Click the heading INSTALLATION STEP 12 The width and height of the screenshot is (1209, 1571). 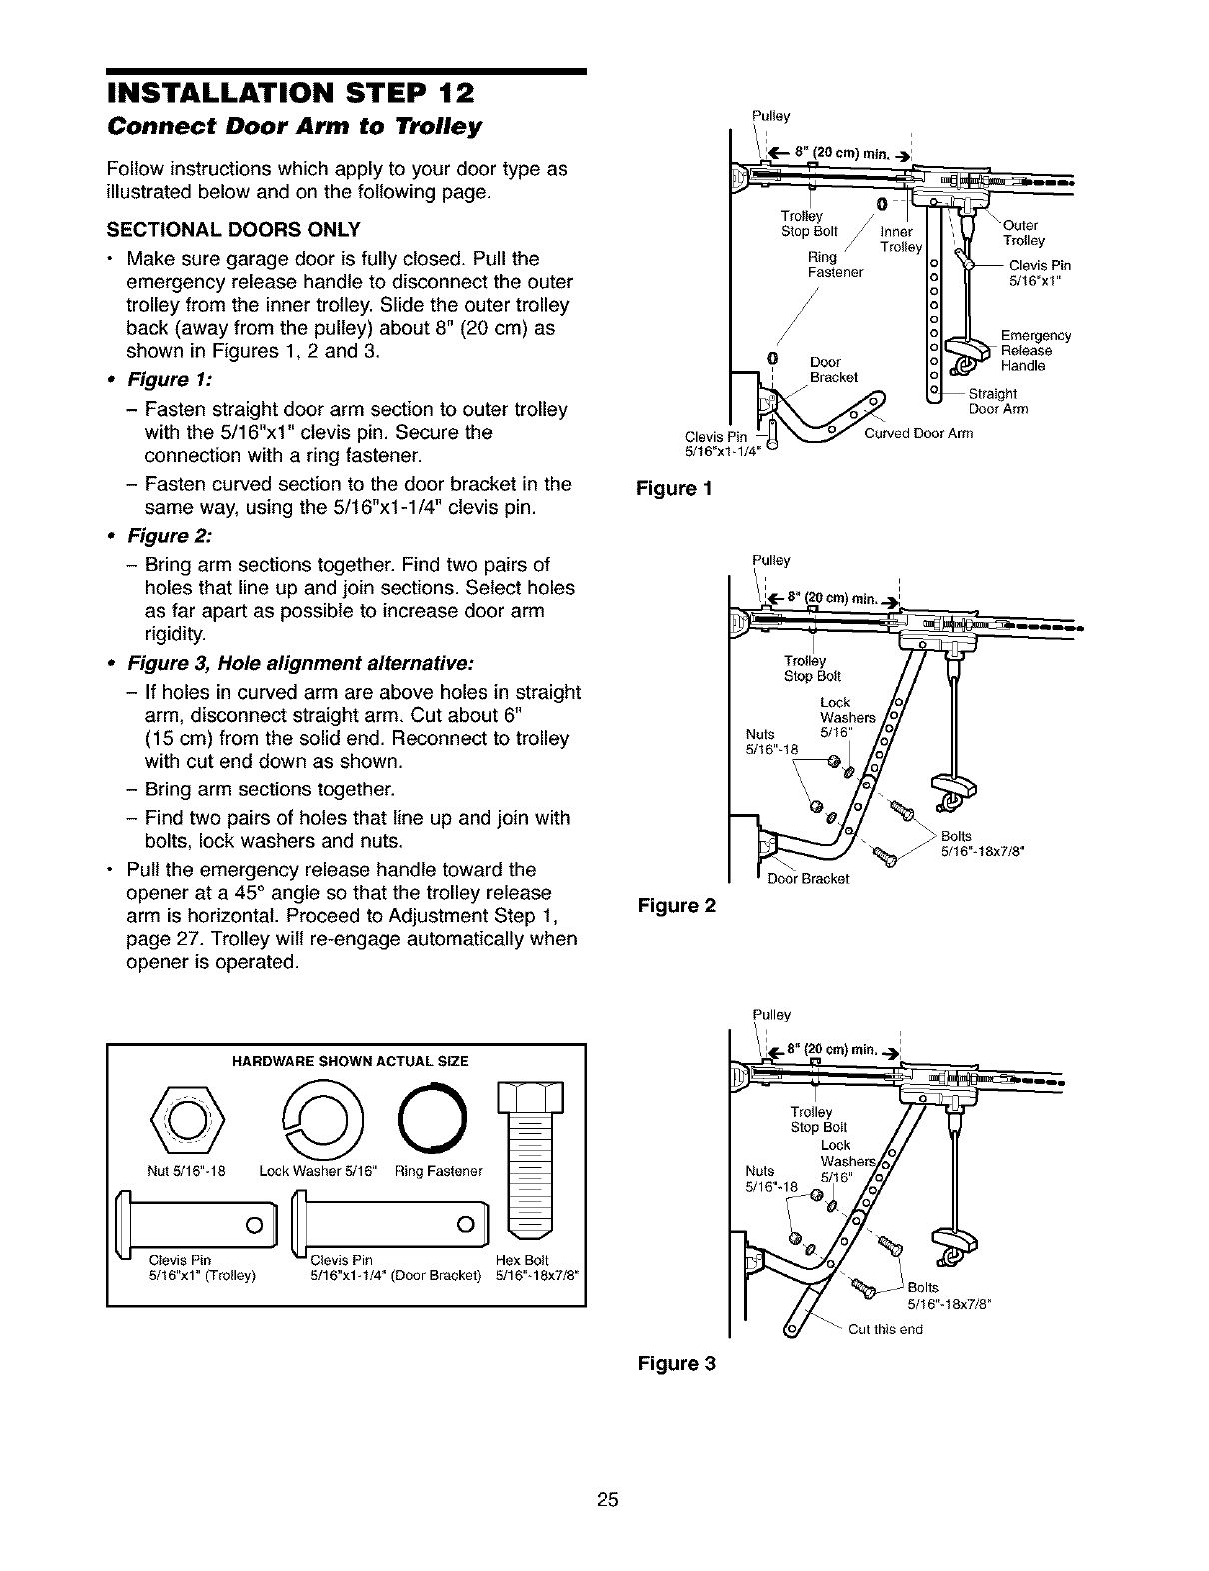(290, 95)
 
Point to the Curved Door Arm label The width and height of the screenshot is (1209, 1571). (918, 433)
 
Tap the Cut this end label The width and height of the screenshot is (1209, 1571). (885, 1329)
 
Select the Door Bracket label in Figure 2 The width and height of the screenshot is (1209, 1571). (807, 879)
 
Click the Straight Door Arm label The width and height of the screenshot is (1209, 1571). (999, 401)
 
